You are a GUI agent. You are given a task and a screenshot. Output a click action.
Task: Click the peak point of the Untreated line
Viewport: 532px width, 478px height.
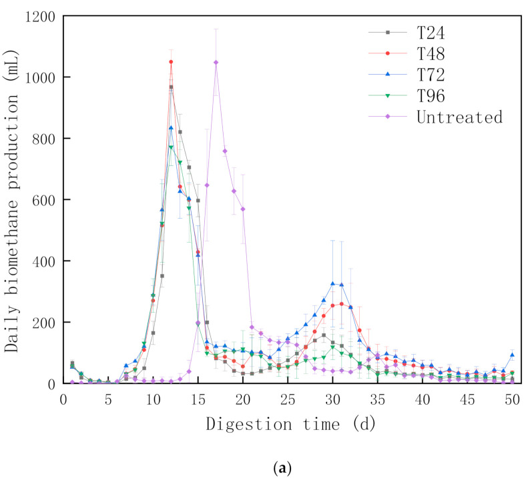[216, 63]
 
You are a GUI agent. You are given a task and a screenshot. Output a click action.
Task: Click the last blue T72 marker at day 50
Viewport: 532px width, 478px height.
[512, 355]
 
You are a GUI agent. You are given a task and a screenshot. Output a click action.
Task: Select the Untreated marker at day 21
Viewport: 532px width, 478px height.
[252, 327]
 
